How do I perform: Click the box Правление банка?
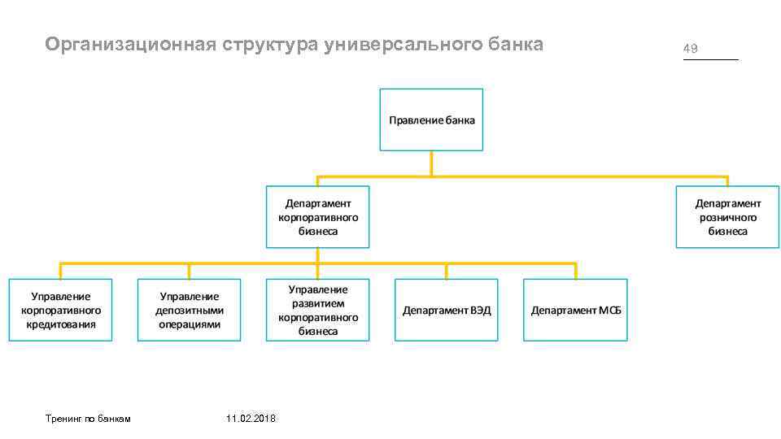click(431, 120)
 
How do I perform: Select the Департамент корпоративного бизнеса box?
click(317, 217)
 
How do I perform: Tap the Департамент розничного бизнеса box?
click(727, 217)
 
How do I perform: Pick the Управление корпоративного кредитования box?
click(61, 310)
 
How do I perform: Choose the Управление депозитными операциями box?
click(190, 310)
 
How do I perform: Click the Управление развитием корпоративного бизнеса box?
click(317, 310)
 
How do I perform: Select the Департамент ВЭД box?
click(446, 310)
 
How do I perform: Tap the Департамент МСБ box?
click(575, 310)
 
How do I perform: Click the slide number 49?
click(691, 49)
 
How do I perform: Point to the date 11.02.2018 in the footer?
click(251, 418)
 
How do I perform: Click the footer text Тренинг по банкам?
click(88, 418)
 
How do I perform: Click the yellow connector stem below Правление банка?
click(431, 163)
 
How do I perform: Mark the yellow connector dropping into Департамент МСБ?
click(575, 272)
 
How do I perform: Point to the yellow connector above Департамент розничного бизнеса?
click(727, 181)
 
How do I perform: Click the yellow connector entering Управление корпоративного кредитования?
click(61, 272)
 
